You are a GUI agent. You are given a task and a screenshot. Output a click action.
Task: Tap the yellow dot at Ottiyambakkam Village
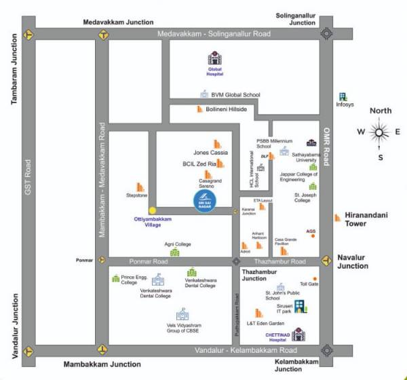[x=153, y=210]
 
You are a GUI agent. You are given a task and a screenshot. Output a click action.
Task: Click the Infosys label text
[x=345, y=104]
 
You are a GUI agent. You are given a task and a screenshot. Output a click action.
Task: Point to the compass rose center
[x=380, y=132]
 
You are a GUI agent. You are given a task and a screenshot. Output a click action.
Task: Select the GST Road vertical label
[x=28, y=178]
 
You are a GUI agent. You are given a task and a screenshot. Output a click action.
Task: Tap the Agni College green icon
[x=174, y=252]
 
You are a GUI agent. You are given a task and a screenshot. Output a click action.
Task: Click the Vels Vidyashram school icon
[x=182, y=314]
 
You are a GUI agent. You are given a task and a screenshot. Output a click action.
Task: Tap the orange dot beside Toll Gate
[x=314, y=278]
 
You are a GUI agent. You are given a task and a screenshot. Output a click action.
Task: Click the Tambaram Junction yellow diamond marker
[x=28, y=34]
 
